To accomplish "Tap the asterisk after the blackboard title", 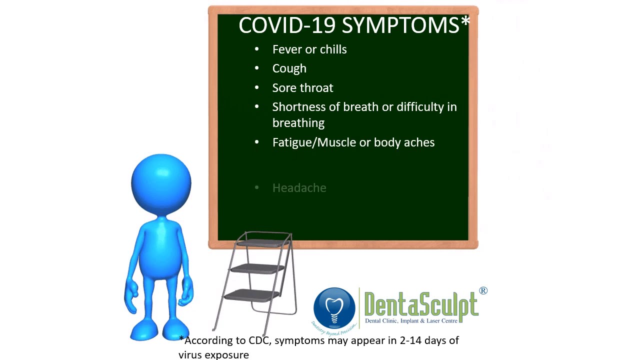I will tap(465, 22).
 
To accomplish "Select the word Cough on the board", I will tap(289, 68).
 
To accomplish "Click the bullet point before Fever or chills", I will tap(257, 49).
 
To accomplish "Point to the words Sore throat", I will tap(302, 88).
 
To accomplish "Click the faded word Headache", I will tap(299, 188).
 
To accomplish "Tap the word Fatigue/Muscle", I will tap(314, 142).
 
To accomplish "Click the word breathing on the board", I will tap(298, 123).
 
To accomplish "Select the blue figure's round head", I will tap(161, 183).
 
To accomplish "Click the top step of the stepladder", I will tap(263, 242).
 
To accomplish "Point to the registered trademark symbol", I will tap(483, 290).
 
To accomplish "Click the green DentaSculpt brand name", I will tap(421, 304).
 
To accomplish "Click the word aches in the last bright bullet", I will tap(419, 142).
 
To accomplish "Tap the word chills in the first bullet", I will tap(333, 49).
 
